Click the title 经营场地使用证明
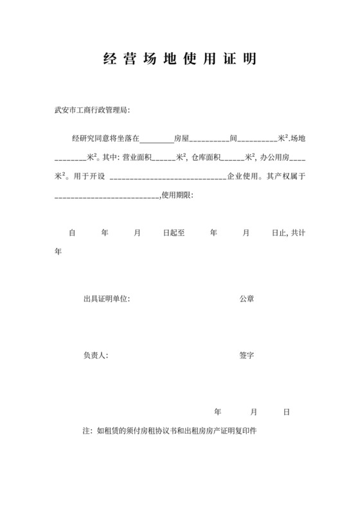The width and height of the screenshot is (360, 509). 179,60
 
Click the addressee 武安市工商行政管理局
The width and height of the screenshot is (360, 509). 92,110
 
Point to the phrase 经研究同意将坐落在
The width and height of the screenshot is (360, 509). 105,138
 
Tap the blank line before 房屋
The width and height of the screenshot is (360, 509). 156,139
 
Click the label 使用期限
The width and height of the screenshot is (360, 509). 177,194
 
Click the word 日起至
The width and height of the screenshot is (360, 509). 174,233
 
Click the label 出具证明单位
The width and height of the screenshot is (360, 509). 106,299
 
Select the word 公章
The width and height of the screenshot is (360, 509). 246,299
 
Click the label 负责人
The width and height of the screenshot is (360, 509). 95,355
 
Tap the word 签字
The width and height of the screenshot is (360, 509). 246,355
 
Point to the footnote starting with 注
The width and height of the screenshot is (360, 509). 170,431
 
